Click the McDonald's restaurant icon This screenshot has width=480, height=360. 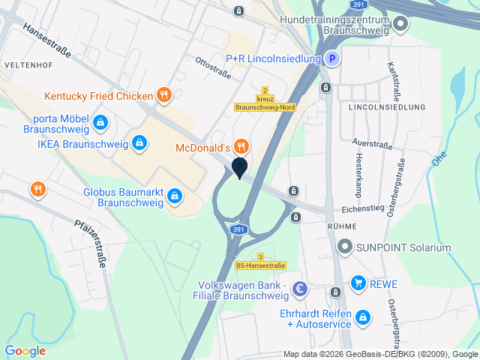tap(241, 145)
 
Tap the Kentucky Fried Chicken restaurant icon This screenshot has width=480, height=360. tap(163, 95)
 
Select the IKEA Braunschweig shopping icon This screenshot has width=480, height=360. tap(139, 142)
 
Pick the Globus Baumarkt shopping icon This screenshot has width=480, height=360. tap(175, 196)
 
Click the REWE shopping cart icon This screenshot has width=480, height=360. tap(358, 283)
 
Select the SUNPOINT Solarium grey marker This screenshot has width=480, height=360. tap(345, 246)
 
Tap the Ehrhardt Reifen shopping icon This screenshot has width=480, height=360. tap(363, 317)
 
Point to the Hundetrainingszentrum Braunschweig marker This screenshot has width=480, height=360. tap(400, 24)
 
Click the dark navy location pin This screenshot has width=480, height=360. tap(239, 168)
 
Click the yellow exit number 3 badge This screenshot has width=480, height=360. tap(260, 256)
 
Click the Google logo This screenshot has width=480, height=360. tap(25, 350)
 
